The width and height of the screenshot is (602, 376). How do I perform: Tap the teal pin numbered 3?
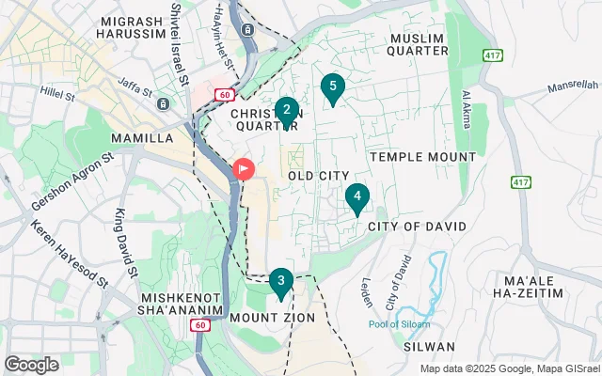pyautogui.click(x=280, y=282)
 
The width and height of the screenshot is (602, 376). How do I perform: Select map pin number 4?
pyautogui.click(x=356, y=198)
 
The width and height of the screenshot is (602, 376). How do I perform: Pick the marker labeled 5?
pyautogui.click(x=331, y=87)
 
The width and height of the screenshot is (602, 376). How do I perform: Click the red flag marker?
pyautogui.click(x=243, y=169)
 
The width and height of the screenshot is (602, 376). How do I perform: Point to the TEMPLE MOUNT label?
pyautogui.click(x=422, y=156)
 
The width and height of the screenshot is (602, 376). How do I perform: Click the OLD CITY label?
pyautogui.click(x=318, y=176)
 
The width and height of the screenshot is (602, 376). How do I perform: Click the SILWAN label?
pyautogui.click(x=433, y=346)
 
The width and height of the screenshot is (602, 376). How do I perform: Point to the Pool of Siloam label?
pyautogui.click(x=400, y=324)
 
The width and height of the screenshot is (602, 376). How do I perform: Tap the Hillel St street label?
pyautogui.click(x=64, y=92)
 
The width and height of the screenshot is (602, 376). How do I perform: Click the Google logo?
pyautogui.click(x=31, y=365)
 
